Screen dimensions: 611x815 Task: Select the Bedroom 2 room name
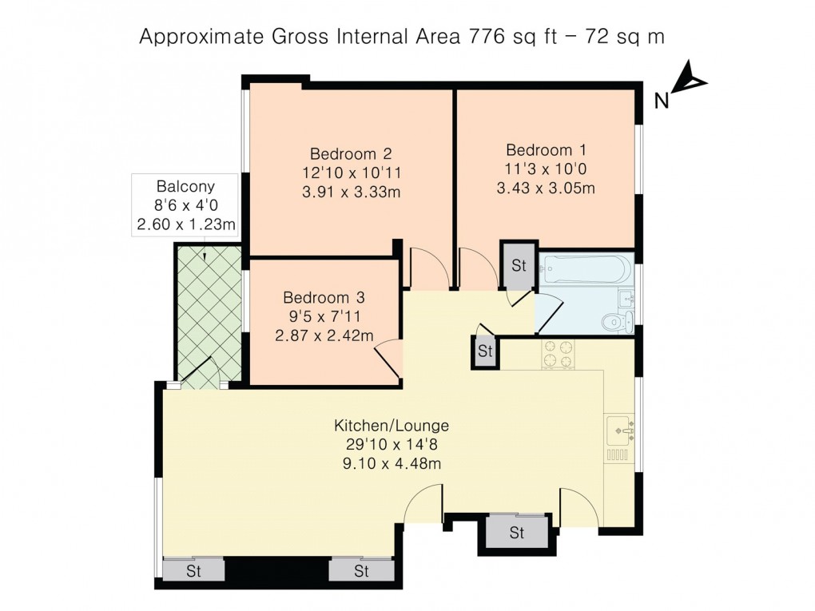coord(351,153)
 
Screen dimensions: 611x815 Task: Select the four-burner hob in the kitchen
coord(557,354)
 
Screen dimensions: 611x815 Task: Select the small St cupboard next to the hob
coord(484,351)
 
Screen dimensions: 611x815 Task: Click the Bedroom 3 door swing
coord(389,355)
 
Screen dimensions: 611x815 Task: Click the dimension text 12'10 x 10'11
coord(351,173)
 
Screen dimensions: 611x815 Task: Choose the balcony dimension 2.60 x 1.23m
coord(185,225)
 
